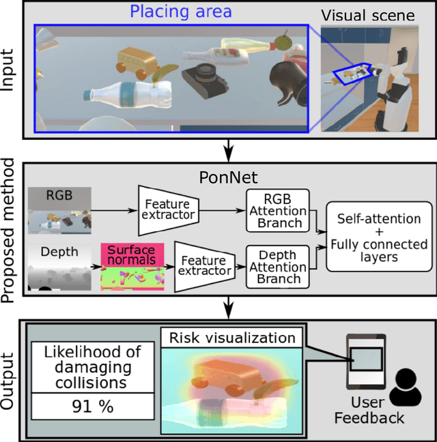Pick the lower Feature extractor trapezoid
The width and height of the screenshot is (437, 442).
tap(203, 266)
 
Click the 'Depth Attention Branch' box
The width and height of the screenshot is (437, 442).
tap(277, 266)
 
